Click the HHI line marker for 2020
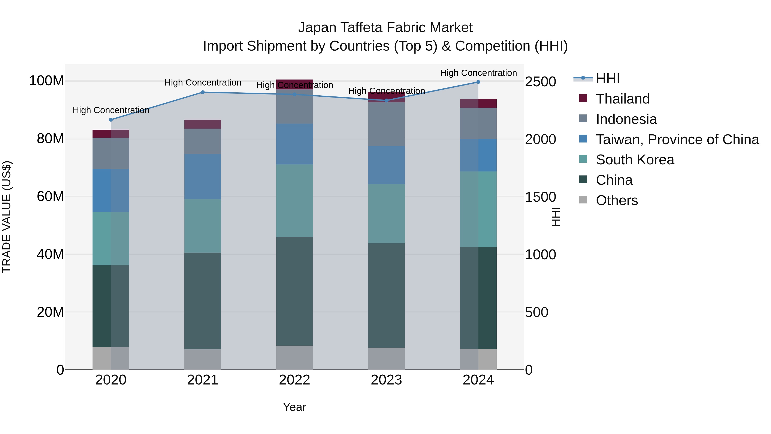click(111, 120)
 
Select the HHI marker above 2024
click(478, 82)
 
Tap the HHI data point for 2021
click(203, 92)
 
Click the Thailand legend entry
click(623, 99)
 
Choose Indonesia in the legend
click(626, 119)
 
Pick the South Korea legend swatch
click(583, 159)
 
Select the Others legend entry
click(617, 200)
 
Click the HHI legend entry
click(607, 78)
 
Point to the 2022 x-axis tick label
click(294, 380)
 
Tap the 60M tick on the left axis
click(50, 197)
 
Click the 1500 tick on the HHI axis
click(540, 197)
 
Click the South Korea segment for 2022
click(294, 201)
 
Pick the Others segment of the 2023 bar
click(386, 359)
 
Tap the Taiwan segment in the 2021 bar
click(203, 177)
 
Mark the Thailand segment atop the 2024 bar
click(478, 103)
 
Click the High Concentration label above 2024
click(478, 73)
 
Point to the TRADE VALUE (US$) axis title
click(7, 217)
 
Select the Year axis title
click(294, 407)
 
